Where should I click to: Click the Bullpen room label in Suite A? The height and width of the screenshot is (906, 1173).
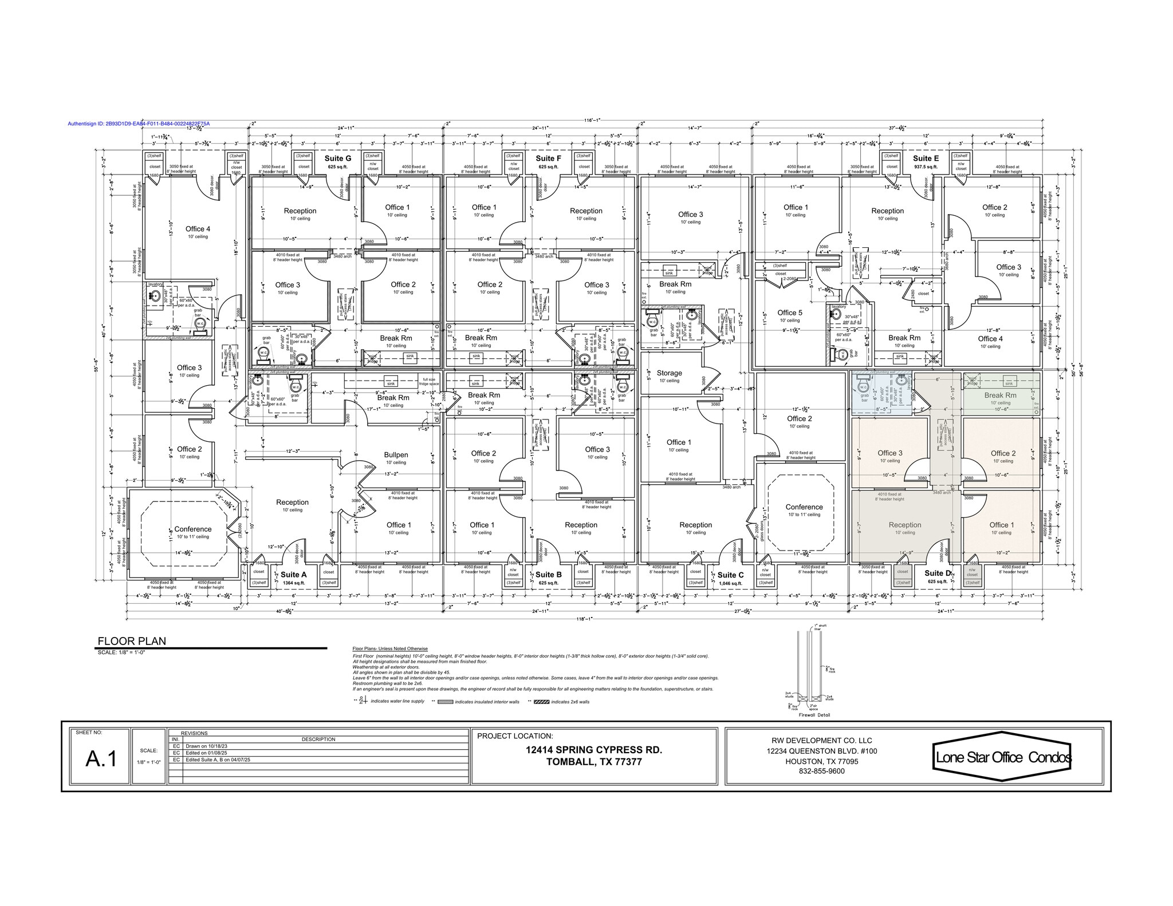[395, 455]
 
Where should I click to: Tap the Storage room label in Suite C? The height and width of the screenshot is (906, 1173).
[669, 373]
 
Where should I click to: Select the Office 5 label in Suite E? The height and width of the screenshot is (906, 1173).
[790, 312]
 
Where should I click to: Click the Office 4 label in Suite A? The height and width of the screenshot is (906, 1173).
[198, 229]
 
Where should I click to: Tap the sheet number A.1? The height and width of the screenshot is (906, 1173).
[101, 759]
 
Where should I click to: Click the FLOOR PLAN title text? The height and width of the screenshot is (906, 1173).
[132, 641]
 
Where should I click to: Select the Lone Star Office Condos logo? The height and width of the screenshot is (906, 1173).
[1003, 757]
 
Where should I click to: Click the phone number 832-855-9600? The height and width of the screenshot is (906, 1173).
[821, 771]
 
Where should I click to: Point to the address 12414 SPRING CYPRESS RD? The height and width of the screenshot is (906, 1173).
[594, 750]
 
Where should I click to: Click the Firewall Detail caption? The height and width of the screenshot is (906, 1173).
[813, 715]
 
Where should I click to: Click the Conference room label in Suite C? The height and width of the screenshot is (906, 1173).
[804, 507]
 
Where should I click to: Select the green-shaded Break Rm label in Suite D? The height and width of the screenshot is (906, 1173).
[1000, 395]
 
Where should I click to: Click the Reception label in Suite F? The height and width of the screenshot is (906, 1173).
[586, 211]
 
